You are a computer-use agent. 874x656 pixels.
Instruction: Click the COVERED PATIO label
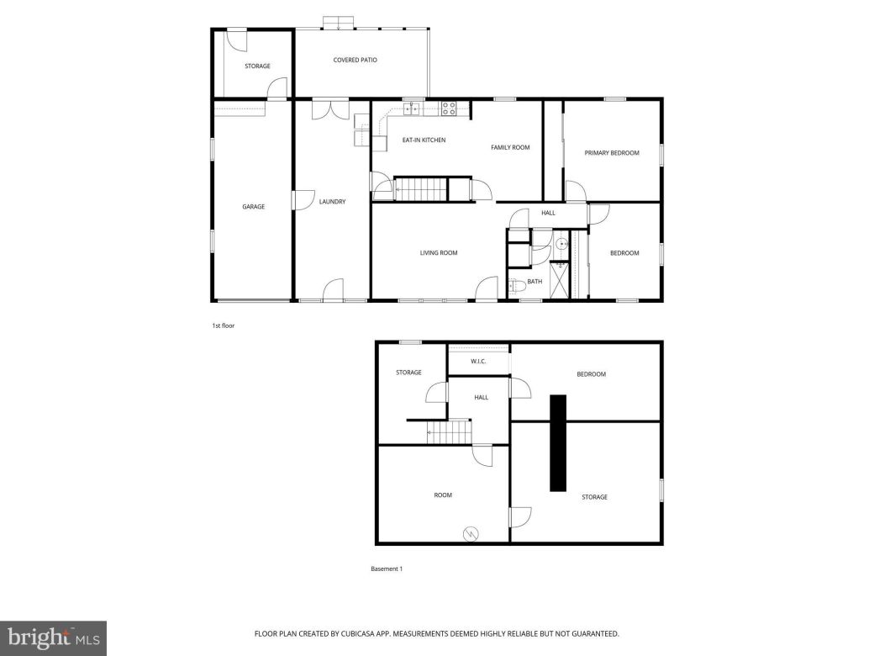click(x=355, y=61)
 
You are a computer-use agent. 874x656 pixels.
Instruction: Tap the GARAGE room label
click(x=253, y=206)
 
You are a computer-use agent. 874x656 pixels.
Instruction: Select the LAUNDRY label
click(x=332, y=202)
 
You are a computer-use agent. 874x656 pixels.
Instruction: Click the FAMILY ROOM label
click(x=510, y=147)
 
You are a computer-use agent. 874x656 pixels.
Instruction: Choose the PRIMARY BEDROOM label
click(x=612, y=153)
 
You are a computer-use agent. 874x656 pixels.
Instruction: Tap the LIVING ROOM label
click(x=439, y=252)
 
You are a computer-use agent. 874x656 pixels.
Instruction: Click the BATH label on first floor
click(x=534, y=282)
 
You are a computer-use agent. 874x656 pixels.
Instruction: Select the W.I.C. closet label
click(x=479, y=362)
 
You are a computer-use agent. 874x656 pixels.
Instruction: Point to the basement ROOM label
click(x=443, y=495)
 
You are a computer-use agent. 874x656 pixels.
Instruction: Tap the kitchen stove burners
click(x=449, y=108)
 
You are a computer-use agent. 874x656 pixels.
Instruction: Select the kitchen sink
click(x=412, y=108)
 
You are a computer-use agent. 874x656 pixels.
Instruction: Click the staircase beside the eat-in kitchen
click(x=420, y=189)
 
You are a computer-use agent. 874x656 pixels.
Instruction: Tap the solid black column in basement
click(x=558, y=442)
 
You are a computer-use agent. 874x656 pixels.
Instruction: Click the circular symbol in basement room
click(x=470, y=533)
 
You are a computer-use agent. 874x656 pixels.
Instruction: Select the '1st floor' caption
click(x=224, y=325)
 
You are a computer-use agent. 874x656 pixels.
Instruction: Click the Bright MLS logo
click(x=52, y=638)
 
